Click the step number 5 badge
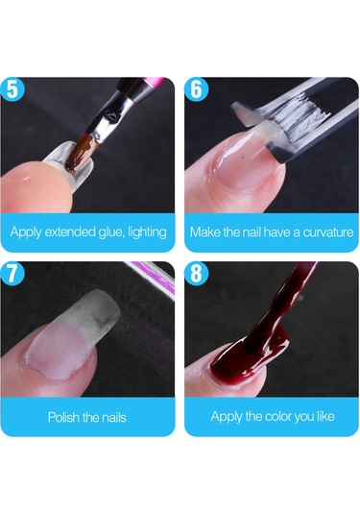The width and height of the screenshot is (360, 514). pyautogui.click(x=12, y=89)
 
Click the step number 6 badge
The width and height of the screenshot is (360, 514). pyautogui.click(x=196, y=89)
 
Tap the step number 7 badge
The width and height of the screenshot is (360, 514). pyautogui.click(x=12, y=274)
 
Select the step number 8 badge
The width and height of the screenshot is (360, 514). pyautogui.click(x=196, y=274)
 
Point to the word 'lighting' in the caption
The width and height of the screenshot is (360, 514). pyautogui.click(x=147, y=233)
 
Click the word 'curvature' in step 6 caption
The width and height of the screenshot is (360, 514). pyautogui.click(x=328, y=233)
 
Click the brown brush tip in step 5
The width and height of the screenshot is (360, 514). pyautogui.click(x=79, y=154)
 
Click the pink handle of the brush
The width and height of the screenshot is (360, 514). pyautogui.click(x=155, y=81)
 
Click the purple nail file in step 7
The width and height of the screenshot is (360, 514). pyautogui.click(x=151, y=270)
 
